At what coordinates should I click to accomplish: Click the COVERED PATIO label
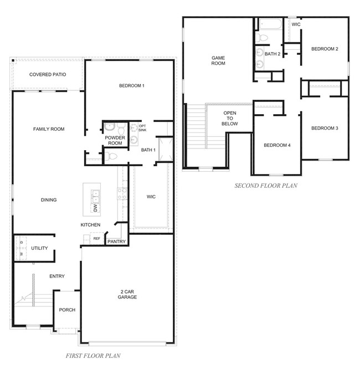48,75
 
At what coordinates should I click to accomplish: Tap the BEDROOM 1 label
132,86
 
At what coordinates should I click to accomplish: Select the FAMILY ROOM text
49,129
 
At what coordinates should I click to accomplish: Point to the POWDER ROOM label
115,140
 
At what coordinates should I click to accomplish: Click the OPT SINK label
142,128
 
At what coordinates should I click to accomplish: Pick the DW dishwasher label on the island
95,208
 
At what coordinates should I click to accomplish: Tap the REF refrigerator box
97,238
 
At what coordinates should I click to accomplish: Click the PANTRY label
116,242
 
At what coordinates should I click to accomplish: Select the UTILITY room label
39,248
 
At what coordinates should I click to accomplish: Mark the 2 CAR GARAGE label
127,294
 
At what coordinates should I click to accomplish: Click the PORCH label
67,310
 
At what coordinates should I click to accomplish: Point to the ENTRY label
57,276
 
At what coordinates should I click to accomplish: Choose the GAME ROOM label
218,60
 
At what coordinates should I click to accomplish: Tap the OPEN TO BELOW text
230,119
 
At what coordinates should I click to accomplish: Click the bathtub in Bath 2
271,24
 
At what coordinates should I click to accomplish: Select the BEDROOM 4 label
277,145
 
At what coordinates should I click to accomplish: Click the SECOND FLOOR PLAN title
266,186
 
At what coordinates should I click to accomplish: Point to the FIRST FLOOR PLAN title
93,356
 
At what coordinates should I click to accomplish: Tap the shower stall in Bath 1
166,150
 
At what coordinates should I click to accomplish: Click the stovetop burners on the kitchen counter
122,194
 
